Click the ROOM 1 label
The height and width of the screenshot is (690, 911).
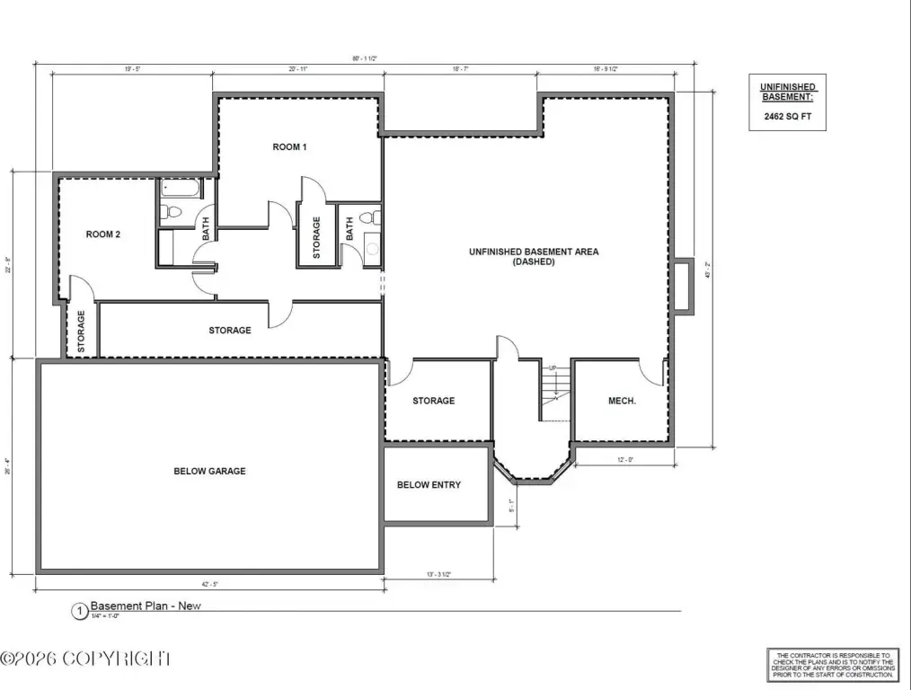pos(290,146)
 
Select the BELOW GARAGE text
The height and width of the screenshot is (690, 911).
pos(209,471)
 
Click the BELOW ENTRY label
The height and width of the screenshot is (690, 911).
pos(429,485)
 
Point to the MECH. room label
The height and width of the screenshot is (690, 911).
pos(623,401)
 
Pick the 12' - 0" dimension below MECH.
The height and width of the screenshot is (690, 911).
pos(624,460)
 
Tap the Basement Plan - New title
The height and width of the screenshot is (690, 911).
pos(146,606)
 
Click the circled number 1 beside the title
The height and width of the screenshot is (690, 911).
pos(80,612)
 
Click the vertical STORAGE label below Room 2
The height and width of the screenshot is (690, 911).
pos(81,331)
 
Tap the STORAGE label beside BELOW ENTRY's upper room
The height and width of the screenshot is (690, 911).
pos(434,401)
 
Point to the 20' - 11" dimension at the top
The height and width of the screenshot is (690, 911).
pos(298,68)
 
